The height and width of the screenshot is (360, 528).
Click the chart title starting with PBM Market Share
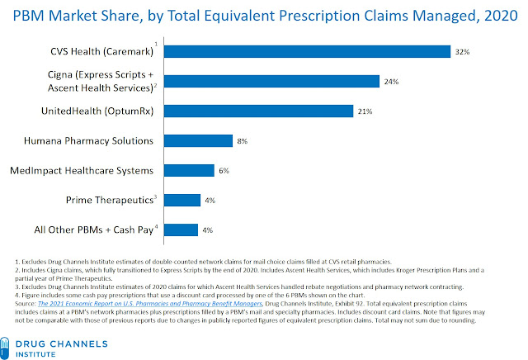pyautogui.click(x=264, y=15)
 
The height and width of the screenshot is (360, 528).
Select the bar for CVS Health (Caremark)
pyautogui.click(x=313, y=51)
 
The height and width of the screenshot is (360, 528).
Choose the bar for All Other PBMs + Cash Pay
pyautogui.click(x=186, y=229)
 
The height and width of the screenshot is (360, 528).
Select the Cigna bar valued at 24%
pyautogui.click(x=277, y=81)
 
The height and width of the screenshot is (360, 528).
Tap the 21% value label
pyautogui.click(x=364, y=111)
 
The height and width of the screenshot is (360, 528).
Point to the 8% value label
pyautogui.click(x=243, y=141)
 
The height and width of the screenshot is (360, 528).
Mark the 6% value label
pyautogui.click(x=224, y=170)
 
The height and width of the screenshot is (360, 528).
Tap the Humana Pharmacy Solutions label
pyautogui.click(x=88, y=141)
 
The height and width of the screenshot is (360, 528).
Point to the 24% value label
pyautogui.click(x=391, y=81)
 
